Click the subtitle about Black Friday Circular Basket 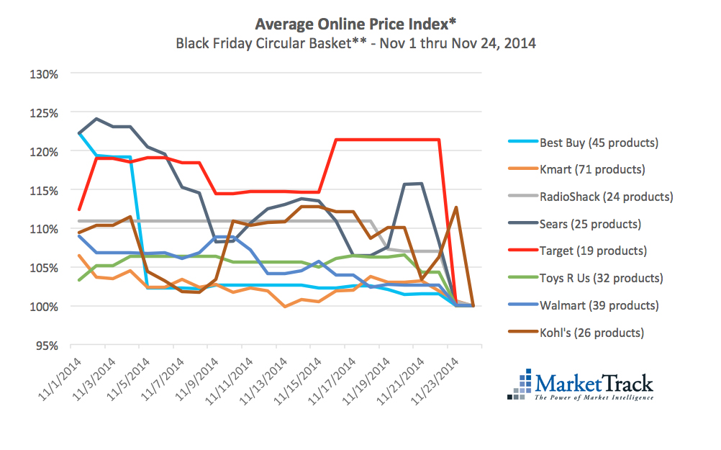(356, 42)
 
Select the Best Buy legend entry (599, 143)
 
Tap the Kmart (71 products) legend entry (591, 170)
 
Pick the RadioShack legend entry (606, 197)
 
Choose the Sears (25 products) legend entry (590, 224)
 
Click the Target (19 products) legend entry (593, 251)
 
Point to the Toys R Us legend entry (601, 278)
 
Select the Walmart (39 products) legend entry (599, 305)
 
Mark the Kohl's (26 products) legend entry (591, 333)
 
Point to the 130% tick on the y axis (45, 74)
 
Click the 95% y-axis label (47, 345)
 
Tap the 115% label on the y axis (45, 190)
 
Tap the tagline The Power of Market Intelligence (594, 397)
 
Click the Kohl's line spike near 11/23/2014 (456, 207)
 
